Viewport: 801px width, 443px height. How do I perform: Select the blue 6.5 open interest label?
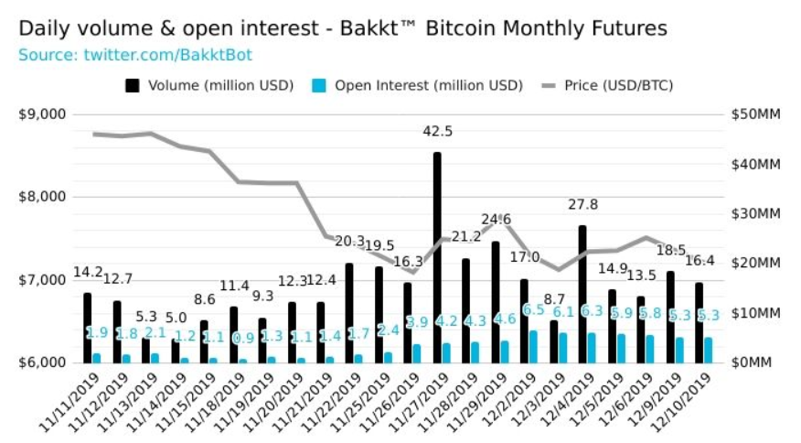[532, 311]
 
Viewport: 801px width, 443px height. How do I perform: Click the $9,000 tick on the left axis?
[42, 114]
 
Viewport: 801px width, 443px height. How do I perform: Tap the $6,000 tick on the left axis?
[42, 362]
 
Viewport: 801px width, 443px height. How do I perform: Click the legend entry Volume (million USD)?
[209, 85]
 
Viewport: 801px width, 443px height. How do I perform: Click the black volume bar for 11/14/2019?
[176, 351]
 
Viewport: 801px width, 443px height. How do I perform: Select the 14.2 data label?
[88, 272]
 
